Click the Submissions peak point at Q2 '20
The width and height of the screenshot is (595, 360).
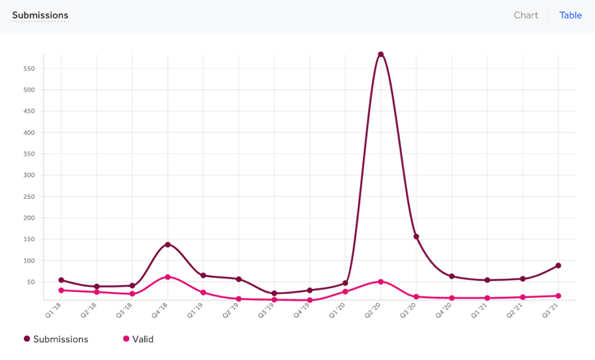click(x=380, y=54)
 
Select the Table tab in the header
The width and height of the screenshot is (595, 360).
click(x=570, y=15)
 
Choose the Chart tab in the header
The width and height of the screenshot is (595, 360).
click(x=526, y=15)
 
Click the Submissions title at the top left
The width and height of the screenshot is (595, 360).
click(x=40, y=15)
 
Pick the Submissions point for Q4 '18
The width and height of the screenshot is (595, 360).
click(x=168, y=245)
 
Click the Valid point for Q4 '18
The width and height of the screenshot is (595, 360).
click(x=168, y=277)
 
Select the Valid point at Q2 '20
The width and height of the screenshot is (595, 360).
click(x=380, y=282)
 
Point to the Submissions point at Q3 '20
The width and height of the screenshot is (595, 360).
click(x=416, y=237)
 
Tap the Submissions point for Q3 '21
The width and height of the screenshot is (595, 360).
click(x=558, y=265)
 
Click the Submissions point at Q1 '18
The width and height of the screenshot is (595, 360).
click(x=61, y=280)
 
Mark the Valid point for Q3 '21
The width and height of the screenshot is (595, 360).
click(x=558, y=296)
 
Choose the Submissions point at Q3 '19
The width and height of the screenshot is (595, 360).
click(x=274, y=293)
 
